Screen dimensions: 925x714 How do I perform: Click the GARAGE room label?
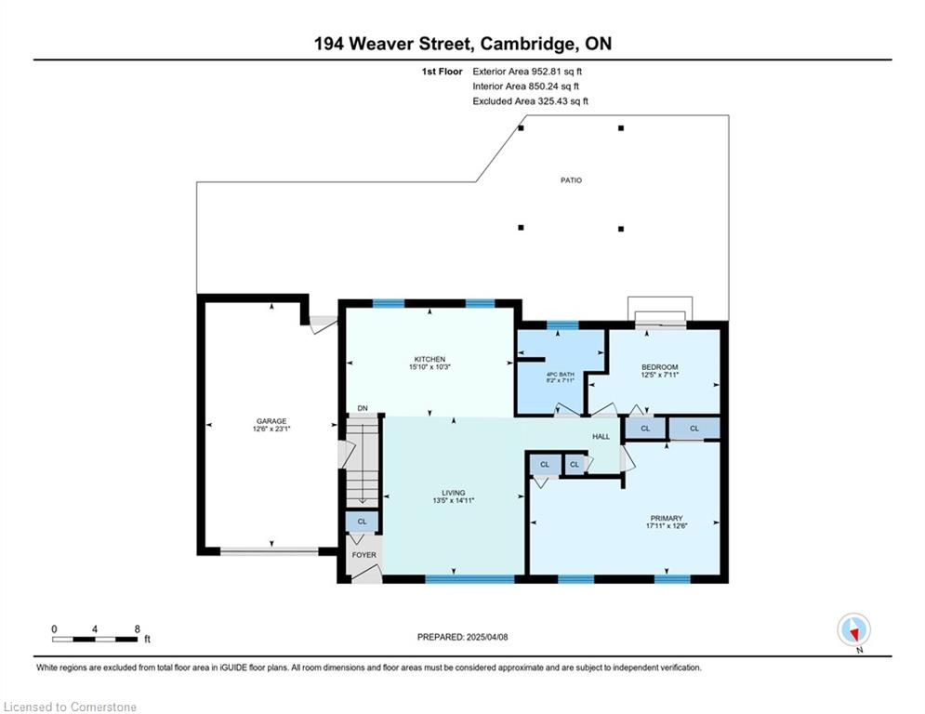[x=271, y=421]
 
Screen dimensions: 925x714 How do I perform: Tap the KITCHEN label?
[x=429, y=360]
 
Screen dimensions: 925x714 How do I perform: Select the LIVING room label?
[x=453, y=493]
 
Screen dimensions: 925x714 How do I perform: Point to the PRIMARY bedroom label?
[x=667, y=518]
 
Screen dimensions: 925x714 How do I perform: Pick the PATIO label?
[x=571, y=180]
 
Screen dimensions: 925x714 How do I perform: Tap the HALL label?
[x=601, y=436]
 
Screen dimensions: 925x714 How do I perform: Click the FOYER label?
[x=364, y=555]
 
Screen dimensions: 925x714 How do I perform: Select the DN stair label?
[x=363, y=408]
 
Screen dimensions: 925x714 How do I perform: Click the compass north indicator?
[x=853, y=630]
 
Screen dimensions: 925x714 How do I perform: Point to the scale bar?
[x=95, y=639]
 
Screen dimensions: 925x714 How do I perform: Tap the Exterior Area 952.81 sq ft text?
[x=527, y=72]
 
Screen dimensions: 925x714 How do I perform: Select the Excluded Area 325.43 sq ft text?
[x=530, y=101]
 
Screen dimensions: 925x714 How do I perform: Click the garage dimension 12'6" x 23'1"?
[x=271, y=429]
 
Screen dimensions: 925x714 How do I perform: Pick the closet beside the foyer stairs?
[x=363, y=522]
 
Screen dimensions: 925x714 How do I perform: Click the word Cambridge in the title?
[x=527, y=44]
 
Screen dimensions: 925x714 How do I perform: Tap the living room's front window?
[x=470, y=579]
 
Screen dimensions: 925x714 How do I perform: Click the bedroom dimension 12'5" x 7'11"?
[x=659, y=374]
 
